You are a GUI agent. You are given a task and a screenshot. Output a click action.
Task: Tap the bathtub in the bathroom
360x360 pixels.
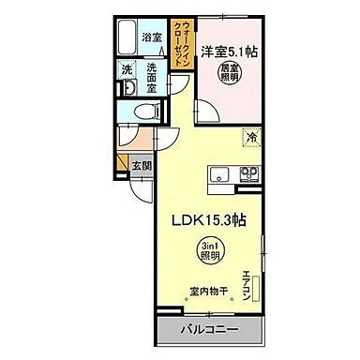tap(131, 37)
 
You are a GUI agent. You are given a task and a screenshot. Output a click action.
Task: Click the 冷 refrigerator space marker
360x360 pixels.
tap(251, 138)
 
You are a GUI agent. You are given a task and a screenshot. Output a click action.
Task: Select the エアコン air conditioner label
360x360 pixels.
tap(246, 284)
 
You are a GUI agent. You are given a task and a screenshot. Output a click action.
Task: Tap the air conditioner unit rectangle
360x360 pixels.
tap(260, 281)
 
